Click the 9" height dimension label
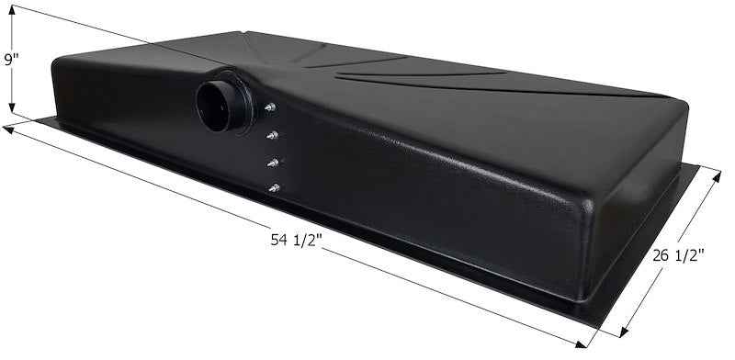(x=11, y=61)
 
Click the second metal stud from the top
(x=272, y=136)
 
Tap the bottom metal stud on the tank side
(x=274, y=188)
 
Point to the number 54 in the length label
(x=279, y=242)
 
